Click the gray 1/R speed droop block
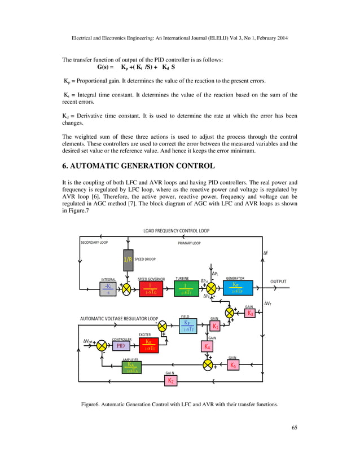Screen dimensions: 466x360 tap(128, 260)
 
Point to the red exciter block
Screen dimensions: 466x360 tap(150, 345)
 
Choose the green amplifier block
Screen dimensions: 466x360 tap(133, 367)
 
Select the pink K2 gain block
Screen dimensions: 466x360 tap(170, 381)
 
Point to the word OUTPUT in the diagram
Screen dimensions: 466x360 tap(278, 282)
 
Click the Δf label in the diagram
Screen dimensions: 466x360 tap(267, 253)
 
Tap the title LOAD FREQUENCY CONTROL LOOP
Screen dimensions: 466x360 tap(176, 231)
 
